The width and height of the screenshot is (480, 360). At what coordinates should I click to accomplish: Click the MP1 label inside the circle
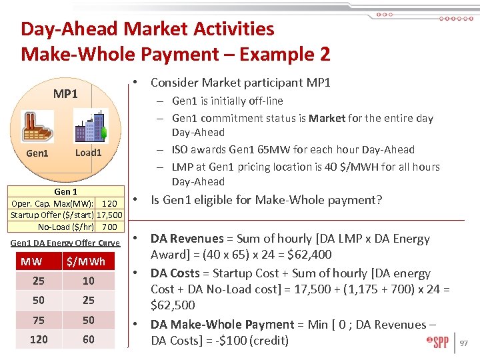[x=65, y=94]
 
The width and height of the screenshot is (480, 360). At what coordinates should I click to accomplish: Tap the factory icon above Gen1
[x=37, y=127]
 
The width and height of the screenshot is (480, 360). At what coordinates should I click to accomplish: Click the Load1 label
[x=88, y=153]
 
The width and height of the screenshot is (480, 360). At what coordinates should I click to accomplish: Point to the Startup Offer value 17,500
[x=109, y=215]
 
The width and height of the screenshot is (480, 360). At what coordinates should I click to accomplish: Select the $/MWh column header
[x=88, y=261]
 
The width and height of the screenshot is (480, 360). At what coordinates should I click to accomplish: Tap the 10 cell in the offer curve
[x=88, y=281]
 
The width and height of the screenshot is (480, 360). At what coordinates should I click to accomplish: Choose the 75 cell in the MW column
[x=39, y=320]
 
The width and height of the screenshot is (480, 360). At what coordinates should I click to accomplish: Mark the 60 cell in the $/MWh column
[x=88, y=339]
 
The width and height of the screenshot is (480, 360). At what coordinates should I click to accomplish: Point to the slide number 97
[x=465, y=343]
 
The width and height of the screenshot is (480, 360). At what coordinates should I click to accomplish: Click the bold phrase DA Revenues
[x=187, y=239]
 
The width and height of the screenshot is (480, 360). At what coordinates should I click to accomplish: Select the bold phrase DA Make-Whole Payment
[x=222, y=325]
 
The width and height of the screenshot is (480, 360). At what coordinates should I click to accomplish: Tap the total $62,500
[x=173, y=305]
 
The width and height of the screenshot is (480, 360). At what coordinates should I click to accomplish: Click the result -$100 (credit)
[x=246, y=341]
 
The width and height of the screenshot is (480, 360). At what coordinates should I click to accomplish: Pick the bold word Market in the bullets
[x=327, y=118]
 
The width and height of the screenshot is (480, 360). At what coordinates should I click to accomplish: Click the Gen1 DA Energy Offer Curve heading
[x=65, y=243]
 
